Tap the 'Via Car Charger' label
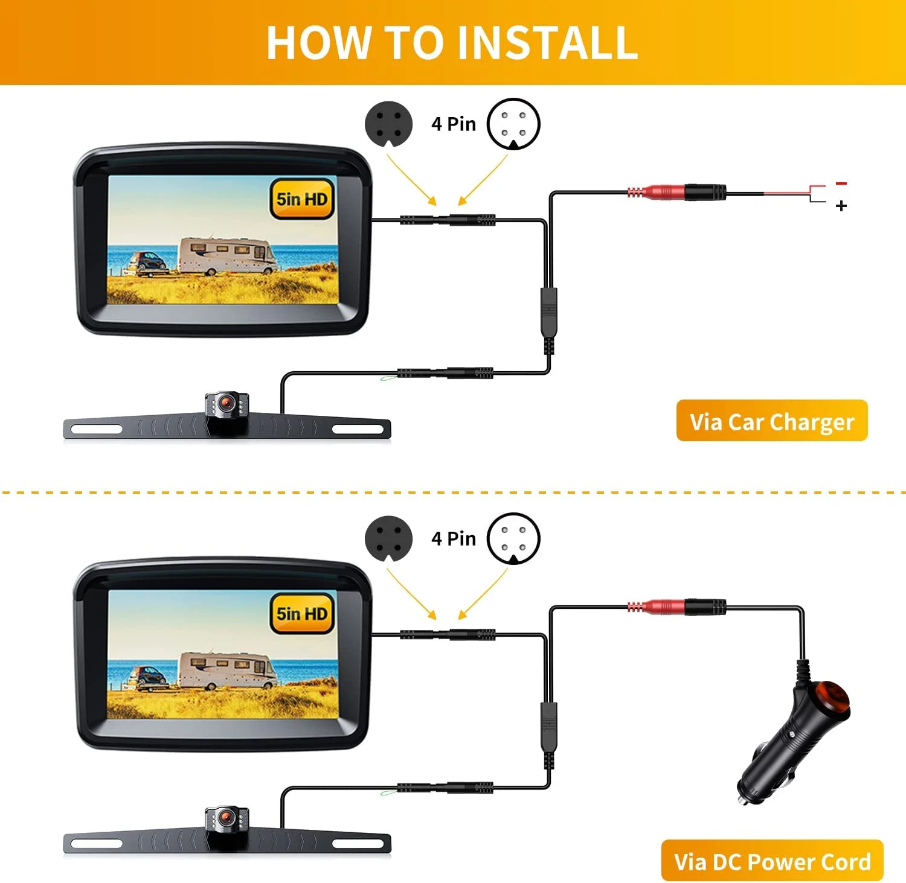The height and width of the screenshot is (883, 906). pos(771,421)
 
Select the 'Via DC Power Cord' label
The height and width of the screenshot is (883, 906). pos(772,861)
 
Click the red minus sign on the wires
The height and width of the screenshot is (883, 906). pos(841,183)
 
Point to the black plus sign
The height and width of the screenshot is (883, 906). pos(841,206)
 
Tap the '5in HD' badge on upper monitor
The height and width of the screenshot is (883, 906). pos(301,199)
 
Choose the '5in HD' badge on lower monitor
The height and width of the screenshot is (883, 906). pos(301,614)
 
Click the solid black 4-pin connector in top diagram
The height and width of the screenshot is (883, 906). pos(388,124)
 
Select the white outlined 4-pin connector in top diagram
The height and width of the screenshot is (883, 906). pos(513,124)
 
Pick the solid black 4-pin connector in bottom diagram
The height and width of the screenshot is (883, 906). pos(388,538)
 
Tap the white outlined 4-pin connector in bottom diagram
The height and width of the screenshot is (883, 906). pos(513,538)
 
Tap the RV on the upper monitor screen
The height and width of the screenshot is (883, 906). pos(227,256)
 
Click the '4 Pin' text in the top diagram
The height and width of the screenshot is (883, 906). pos(453,124)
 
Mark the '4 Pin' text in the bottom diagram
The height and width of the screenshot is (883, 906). pos(453,538)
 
